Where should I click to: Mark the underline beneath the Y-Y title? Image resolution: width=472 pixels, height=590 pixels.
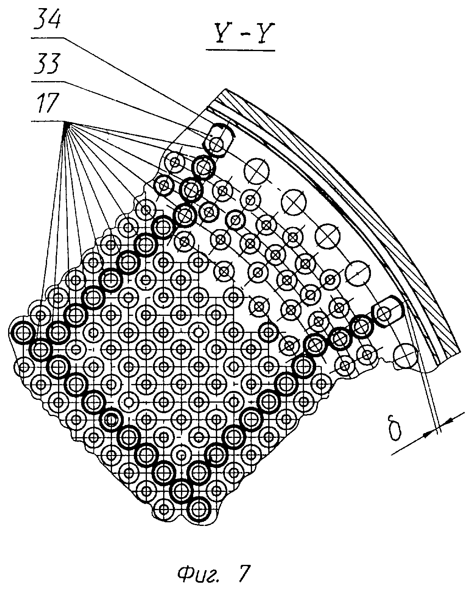tap(241, 50)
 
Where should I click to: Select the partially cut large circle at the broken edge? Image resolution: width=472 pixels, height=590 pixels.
tap(405, 356)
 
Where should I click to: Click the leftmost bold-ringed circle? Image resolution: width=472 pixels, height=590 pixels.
tap(23, 332)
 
